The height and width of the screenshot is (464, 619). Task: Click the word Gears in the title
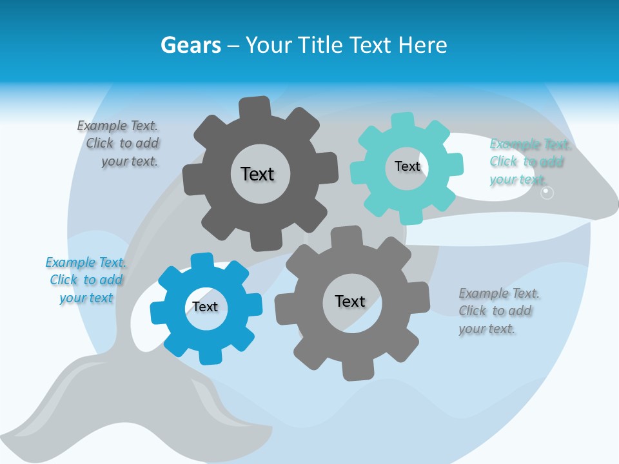190,46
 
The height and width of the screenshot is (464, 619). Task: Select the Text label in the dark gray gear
257,174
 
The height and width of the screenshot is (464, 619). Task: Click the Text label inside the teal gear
407,166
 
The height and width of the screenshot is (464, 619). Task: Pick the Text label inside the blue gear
205,307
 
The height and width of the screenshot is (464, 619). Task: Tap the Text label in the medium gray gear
350,301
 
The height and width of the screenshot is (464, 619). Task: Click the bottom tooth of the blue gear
210,356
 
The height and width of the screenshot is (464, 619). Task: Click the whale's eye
547,193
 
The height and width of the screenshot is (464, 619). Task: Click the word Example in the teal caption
515,144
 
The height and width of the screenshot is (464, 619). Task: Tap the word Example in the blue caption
71,262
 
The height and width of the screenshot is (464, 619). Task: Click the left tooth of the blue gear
159,312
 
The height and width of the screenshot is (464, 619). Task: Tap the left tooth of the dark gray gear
192,180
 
